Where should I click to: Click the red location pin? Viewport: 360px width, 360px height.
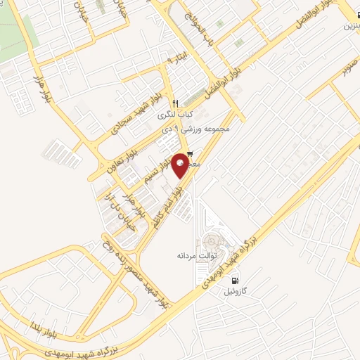[x=181, y=165]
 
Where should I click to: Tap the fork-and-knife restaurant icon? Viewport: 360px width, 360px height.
[x=176, y=103]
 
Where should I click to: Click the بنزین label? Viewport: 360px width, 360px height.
[x=350, y=26]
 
